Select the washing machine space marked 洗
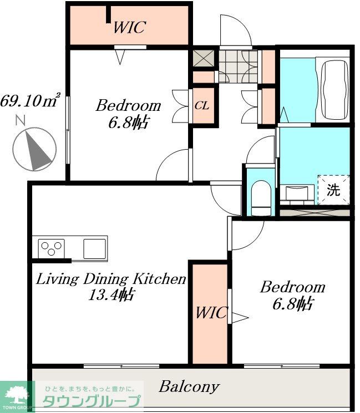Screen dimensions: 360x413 pyautogui.click(x=333, y=190)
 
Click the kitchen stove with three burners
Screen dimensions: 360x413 pyautogui.click(x=52, y=248)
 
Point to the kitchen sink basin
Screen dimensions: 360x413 pyautogui.click(x=95, y=249)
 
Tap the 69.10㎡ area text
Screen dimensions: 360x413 pyautogui.click(x=31, y=100)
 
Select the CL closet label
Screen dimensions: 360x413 pyautogui.click(x=202, y=106)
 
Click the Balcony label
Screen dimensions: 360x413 pyautogui.click(x=189, y=386)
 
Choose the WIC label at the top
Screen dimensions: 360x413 pyautogui.click(x=130, y=27)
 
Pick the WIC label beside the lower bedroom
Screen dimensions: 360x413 pyautogui.click(x=211, y=313)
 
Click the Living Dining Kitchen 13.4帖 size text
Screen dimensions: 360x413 pyautogui.click(x=111, y=295)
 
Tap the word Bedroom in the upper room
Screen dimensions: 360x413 pyautogui.click(x=128, y=106)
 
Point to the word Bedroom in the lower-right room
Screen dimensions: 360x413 pyautogui.click(x=292, y=287)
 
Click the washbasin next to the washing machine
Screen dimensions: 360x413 pyautogui.click(x=297, y=192)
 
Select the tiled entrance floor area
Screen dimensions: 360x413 pyautogui.click(x=238, y=67)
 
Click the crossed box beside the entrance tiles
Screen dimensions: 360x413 pyautogui.click(x=204, y=58)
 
